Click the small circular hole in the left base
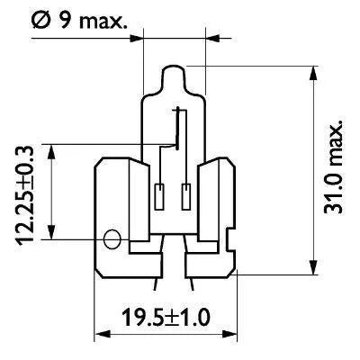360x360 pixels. click(112, 238)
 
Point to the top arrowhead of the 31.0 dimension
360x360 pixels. click(314, 71)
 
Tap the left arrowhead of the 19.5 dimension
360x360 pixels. click(101, 334)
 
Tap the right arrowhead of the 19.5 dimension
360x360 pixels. click(239, 334)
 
